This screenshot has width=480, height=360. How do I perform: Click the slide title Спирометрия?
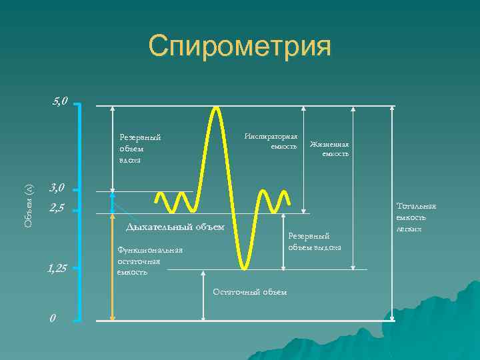point(239,47)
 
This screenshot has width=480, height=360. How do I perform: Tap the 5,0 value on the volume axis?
point(59,102)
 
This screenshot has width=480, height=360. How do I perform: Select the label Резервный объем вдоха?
point(140,148)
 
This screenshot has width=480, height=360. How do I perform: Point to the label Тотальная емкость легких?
point(416,217)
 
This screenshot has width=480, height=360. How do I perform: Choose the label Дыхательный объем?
point(175,227)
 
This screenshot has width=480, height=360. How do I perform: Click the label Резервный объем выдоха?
point(314,241)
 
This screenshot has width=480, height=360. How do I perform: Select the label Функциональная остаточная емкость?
point(149,261)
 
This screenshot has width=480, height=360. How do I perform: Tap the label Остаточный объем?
point(249,291)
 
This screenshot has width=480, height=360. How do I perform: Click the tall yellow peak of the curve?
point(215,110)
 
